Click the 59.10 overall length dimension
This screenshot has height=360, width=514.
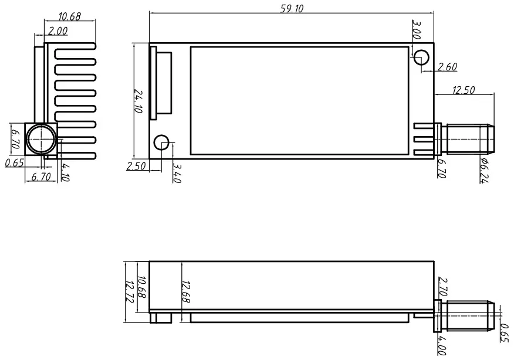point(291,8)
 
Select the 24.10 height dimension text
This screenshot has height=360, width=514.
point(138,101)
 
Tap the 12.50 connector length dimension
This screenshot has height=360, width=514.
point(464,90)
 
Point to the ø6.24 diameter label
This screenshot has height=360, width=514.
point(484,170)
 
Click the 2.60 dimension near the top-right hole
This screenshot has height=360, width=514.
point(448,67)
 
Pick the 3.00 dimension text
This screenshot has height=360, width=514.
point(417,30)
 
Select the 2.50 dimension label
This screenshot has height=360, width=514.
point(136,167)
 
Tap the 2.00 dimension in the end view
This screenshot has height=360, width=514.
point(59,31)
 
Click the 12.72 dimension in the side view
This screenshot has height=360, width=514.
point(129,291)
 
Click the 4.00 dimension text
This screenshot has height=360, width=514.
point(442,344)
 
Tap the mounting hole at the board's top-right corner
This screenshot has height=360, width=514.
point(421,57)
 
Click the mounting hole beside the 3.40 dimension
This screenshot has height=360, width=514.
point(161,142)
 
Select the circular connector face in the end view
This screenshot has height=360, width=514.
point(41,139)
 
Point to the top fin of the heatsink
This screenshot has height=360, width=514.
point(75,47)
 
